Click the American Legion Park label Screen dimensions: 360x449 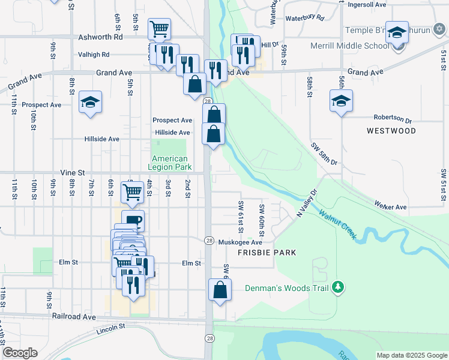(x=170, y=162)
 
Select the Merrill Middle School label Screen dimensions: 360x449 (x=350, y=46)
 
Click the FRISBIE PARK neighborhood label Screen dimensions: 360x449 (x=267, y=253)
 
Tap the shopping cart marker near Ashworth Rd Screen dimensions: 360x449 (x=159, y=28)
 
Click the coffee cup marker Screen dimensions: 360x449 (x=133, y=220)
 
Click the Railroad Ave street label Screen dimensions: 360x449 (x=74, y=316)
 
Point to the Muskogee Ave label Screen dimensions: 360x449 (x=240, y=242)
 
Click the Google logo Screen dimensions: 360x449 (x=20, y=352)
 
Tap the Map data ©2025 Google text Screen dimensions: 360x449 (x=411, y=355)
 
